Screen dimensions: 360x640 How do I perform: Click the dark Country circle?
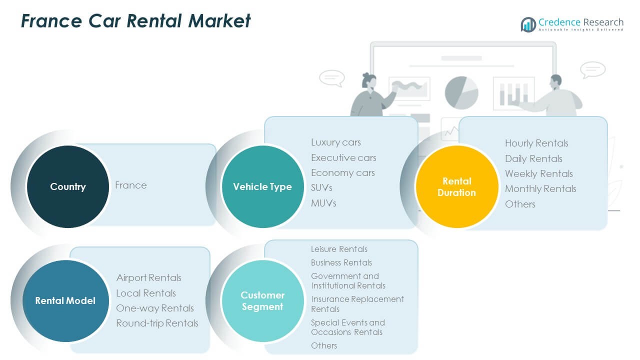(x=67, y=186)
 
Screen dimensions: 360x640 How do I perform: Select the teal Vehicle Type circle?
(x=262, y=187)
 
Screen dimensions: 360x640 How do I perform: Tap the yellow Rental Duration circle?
(x=456, y=186)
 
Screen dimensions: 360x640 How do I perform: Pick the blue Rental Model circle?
(x=65, y=300)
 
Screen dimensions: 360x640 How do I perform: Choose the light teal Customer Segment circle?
(x=262, y=300)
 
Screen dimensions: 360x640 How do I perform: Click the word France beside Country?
(x=131, y=185)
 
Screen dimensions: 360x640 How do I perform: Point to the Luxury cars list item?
(x=335, y=142)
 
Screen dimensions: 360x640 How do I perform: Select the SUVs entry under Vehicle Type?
(x=321, y=188)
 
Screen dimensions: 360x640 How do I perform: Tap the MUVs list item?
(x=323, y=203)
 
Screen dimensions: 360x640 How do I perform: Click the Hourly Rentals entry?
(x=536, y=143)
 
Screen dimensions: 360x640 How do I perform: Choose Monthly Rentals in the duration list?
(x=540, y=189)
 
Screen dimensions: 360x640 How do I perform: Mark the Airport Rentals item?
(x=148, y=278)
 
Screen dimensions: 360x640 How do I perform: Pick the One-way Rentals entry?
(x=154, y=308)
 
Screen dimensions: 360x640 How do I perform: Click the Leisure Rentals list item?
(x=339, y=249)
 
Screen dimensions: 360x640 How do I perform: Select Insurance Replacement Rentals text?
(x=357, y=304)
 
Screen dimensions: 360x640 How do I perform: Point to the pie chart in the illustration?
(x=461, y=92)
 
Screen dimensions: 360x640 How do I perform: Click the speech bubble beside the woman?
(x=331, y=78)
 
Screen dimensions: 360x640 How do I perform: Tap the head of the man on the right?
(x=555, y=81)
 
